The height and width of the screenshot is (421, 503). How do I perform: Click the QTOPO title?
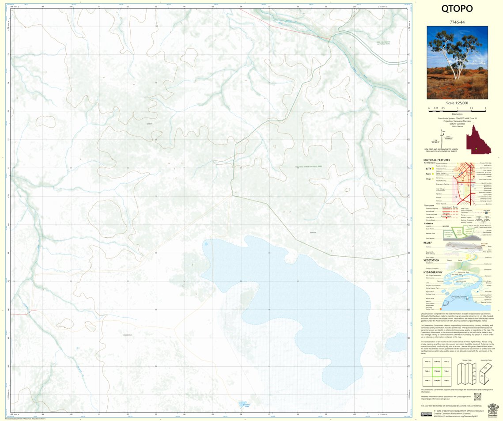click(457, 9)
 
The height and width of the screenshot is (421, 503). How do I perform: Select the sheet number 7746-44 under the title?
click(457, 21)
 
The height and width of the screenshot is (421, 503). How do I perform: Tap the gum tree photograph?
click(457, 62)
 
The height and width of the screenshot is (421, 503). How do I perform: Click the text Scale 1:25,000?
click(457, 103)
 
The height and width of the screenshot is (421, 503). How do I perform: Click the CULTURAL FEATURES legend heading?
click(436, 160)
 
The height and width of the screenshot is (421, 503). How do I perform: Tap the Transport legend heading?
click(429, 205)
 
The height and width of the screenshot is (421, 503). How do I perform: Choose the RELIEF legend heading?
click(427, 243)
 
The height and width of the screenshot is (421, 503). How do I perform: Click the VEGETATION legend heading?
click(431, 260)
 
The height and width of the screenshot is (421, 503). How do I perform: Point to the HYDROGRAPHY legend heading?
click(433, 272)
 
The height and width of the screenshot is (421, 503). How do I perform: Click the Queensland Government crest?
click(493, 410)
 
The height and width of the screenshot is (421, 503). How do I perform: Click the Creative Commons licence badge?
click(426, 414)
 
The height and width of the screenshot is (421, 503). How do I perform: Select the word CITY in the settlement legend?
click(428, 169)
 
